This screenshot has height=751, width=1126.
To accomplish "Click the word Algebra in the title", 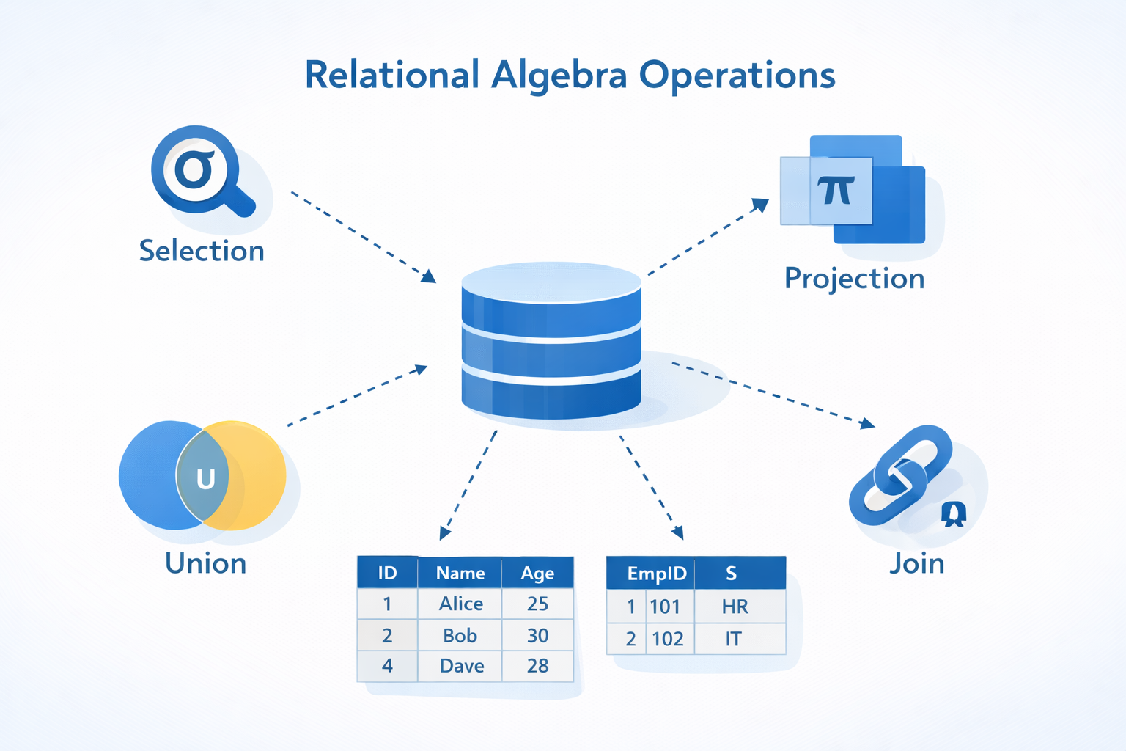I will point(559,76).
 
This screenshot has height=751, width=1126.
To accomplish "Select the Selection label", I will point(202,251).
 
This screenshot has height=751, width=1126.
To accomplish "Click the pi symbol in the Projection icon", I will point(836,191).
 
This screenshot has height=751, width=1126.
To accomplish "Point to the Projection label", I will point(854,279).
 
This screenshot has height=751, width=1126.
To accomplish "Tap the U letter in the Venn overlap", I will point(205,479).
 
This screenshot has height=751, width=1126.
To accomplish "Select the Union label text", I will point(205,563).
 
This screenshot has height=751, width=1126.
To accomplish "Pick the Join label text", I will point(916,563).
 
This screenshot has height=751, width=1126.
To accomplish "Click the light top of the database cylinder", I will point(551,281).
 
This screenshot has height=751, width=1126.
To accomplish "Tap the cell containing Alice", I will point(460,604).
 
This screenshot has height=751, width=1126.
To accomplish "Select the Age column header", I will point(537,573).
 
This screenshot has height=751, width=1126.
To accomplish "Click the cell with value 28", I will point(537,666).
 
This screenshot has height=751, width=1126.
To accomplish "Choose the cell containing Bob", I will point(460,635).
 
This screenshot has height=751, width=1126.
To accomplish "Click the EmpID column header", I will point(656,574).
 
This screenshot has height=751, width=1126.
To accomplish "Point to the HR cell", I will point(735,607).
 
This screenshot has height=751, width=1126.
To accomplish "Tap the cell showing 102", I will point(667,639).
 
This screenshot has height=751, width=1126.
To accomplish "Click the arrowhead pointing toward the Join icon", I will point(868,423).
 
